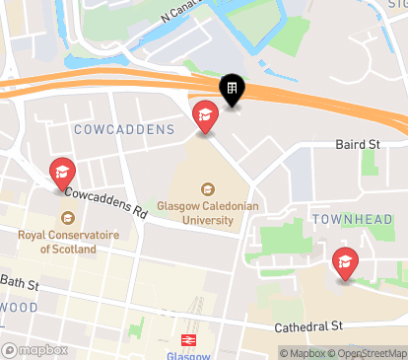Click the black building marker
point(233,92)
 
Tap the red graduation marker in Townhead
point(345,262)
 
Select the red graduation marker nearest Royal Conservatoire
point(61,174)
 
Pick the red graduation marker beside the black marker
point(205,116)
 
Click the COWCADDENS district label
point(117,129)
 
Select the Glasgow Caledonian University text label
point(207,213)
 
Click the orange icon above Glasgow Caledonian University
point(207,188)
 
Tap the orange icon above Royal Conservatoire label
point(67,219)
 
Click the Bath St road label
point(20,284)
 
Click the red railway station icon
point(190,338)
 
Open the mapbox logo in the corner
point(35,350)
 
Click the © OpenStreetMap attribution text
point(372,353)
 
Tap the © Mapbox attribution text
point(306,353)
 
